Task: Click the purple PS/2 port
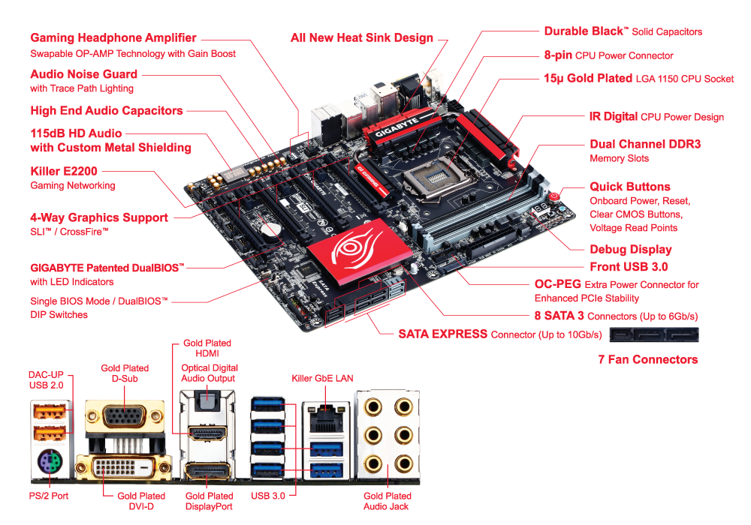click(50, 462)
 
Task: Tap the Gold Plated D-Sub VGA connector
click(125, 417)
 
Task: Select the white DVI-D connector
click(124, 466)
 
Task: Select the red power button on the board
click(554, 196)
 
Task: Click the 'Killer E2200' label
click(64, 171)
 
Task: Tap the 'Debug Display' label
click(631, 249)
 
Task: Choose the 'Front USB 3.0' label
click(629, 267)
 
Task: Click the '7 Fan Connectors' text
click(648, 359)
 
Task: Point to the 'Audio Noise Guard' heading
click(84, 74)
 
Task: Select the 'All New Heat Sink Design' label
click(362, 37)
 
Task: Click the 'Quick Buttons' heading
click(630, 187)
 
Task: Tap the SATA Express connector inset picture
click(654, 334)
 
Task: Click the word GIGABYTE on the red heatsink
click(397, 127)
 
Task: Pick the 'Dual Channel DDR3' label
click(645, 144)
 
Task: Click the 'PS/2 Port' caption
click(49, 496)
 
